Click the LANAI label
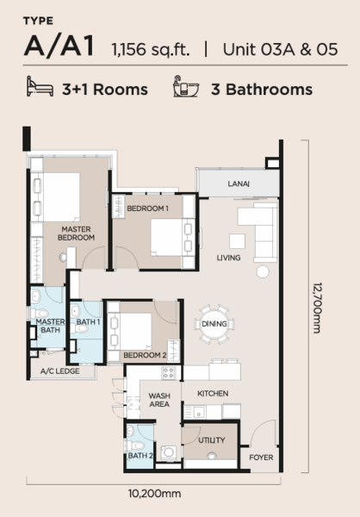[239, 184]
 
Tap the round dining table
[214, 324]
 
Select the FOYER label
[261, 458]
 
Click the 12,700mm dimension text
[317, 308]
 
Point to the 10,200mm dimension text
[155, 494]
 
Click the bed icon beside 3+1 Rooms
[40, 86]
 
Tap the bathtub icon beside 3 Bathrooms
[186, 86]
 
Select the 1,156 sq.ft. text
[151, 49]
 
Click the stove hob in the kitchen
[169, 373]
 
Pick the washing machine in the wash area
[169, 452]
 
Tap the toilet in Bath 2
[135, 445]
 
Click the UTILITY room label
[212, 440]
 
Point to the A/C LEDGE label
[59, 371]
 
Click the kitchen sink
[198, 412]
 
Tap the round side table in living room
[263, 271]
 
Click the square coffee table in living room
[237, 241]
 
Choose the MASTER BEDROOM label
[76, 234]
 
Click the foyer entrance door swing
[263, 433]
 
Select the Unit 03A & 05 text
[280, 49]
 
